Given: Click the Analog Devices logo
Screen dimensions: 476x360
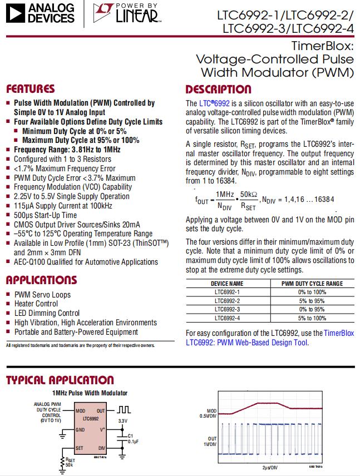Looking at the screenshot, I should (39, 13).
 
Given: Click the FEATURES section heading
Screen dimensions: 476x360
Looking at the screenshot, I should (31, 89).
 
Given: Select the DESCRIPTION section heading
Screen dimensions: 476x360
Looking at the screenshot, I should (218, 89).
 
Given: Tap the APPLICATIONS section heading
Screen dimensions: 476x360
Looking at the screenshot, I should (41, 280).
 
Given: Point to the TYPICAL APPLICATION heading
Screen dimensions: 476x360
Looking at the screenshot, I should (60, 380).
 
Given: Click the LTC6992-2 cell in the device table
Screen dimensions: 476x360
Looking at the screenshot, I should (228, 300).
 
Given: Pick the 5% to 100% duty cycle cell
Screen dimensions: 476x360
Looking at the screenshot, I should (312, 318).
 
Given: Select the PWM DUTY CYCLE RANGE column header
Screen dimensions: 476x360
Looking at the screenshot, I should (312, 283).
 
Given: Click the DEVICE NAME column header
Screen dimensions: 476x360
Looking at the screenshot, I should (228, 283).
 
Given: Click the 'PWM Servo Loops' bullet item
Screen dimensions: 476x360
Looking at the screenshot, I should (42, 295).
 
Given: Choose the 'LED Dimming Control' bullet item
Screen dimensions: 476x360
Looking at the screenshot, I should (47, 313).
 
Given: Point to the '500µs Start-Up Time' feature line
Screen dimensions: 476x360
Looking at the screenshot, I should (45, 215).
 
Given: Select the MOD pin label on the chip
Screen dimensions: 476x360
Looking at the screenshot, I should (81, 410).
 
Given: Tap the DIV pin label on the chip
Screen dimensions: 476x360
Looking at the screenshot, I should (102, 448).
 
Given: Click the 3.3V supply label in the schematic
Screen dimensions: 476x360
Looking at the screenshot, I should (123, 420).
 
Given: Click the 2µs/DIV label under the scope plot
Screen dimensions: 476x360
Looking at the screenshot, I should (270, 468).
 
